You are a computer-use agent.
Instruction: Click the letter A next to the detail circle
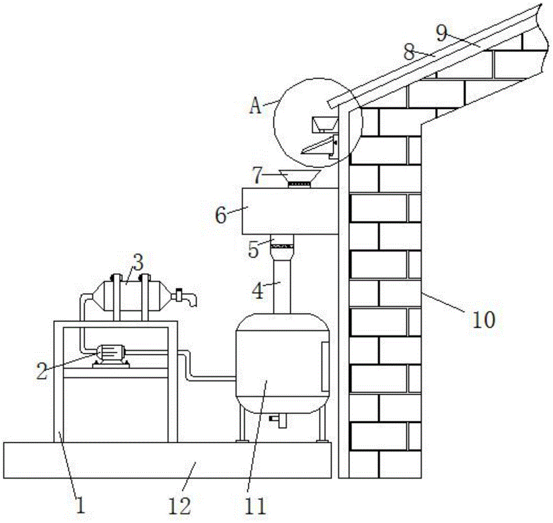[255, 106]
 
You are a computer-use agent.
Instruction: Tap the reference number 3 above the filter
[138, 260]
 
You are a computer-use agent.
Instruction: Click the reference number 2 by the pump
[43, 371]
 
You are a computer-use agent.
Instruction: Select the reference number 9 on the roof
[441, 34]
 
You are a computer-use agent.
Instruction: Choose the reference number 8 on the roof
[409, 54]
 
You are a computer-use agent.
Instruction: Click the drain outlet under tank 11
[278, 421]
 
